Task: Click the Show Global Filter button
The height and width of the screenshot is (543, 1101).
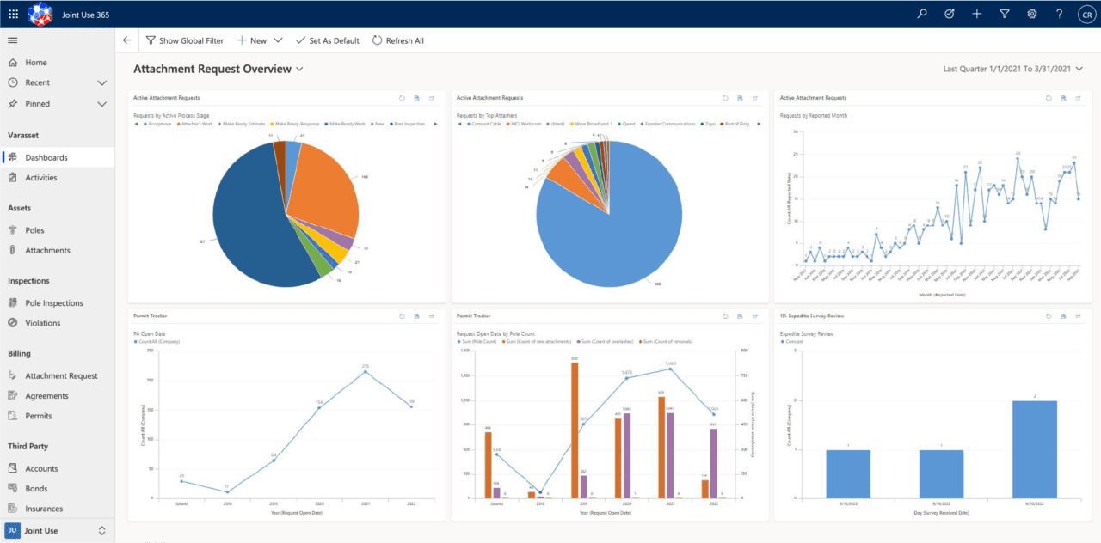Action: point(184,40)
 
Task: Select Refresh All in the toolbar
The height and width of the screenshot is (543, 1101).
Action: point(397,40)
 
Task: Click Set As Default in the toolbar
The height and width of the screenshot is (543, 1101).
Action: point(327,40)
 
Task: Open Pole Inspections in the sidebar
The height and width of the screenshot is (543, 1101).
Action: point(53,303)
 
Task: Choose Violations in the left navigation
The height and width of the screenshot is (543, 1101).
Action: point(43,323)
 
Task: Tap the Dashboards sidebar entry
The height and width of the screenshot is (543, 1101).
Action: point(46,158)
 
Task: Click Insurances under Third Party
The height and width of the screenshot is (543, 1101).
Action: point(44,509)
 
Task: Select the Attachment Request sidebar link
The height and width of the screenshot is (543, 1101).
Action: point(61,376)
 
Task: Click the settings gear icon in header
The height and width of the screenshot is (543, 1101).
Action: point(1031,14)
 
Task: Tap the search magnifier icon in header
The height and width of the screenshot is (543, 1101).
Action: point(922,14)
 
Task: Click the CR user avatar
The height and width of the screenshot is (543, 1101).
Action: point(1086,14)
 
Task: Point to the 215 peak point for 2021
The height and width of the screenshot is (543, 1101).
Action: point(365,371)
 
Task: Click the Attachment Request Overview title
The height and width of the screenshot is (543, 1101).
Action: point(212,69)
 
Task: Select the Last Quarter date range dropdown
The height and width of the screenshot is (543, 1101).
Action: point(1012,69)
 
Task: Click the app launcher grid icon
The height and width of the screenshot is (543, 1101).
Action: point(13,14)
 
